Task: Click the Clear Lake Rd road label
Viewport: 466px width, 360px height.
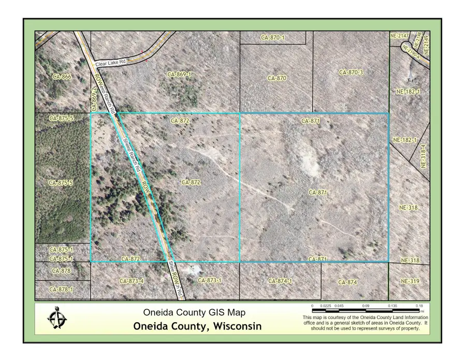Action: coord(111,63)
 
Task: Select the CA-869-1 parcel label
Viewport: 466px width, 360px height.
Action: coord(180,75)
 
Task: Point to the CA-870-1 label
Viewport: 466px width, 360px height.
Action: coord(273,37)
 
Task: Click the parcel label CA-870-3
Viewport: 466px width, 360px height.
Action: coord(351,73)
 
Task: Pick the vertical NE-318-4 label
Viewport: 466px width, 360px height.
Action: coord(423,155)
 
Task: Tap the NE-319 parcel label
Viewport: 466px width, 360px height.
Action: coord(410,281)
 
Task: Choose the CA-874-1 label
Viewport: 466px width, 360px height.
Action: coord(280,281)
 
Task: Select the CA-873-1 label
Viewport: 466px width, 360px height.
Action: coord(210,280)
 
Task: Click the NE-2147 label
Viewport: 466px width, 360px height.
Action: coord(399,36)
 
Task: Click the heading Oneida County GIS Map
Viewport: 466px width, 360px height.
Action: coord(194,312)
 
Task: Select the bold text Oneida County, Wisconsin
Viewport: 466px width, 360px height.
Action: coord(197,326)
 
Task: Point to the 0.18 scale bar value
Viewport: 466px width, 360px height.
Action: coord(419,306)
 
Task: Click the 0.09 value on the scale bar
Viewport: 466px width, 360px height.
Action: coord(366,306)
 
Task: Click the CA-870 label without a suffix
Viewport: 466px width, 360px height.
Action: coord(277,78)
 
